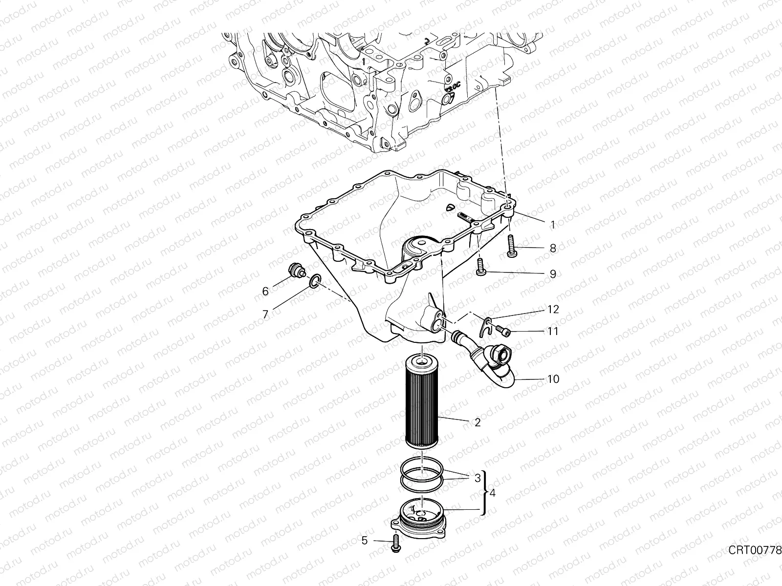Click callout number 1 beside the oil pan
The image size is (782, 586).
point(553,225)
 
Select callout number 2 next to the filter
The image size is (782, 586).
point(478,423)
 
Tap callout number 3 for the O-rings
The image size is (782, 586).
point(478,479)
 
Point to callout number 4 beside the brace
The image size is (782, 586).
point(492,493)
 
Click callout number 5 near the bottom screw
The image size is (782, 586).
point(364,541)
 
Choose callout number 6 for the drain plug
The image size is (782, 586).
point(265,292)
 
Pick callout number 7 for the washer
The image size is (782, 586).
point(265,314)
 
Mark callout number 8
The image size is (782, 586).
point(553,249)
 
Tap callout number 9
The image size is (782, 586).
point(553,274)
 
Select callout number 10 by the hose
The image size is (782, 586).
point(553,379)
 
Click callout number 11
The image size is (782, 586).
point(553,332)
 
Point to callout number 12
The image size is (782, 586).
point(553,310)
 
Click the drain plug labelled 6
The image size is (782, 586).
point(295,272)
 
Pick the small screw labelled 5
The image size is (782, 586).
point(395,543)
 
